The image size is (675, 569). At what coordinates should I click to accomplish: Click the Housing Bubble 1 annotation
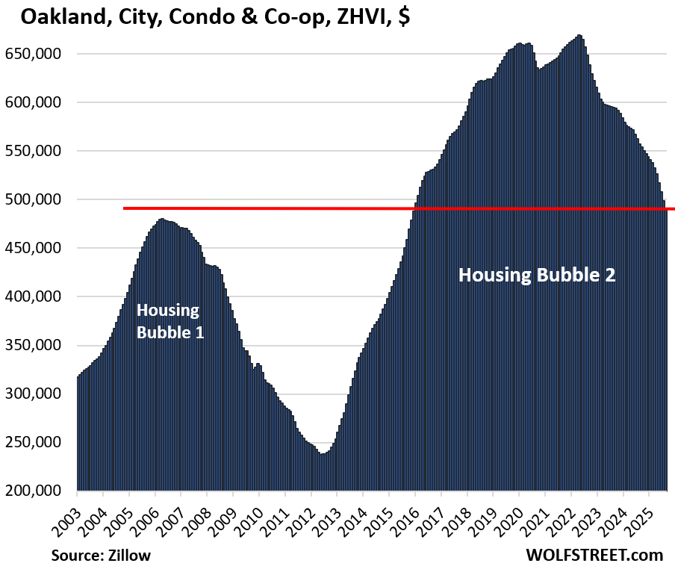tap(169, 321)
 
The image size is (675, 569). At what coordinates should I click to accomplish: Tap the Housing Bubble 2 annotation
tap(537, 275)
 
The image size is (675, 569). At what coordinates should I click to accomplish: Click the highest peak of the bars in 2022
tap(579, 36)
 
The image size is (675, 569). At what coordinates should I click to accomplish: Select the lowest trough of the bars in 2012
tap(323, 454)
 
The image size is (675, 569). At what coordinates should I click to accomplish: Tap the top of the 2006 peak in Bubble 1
tap(162, 220)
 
